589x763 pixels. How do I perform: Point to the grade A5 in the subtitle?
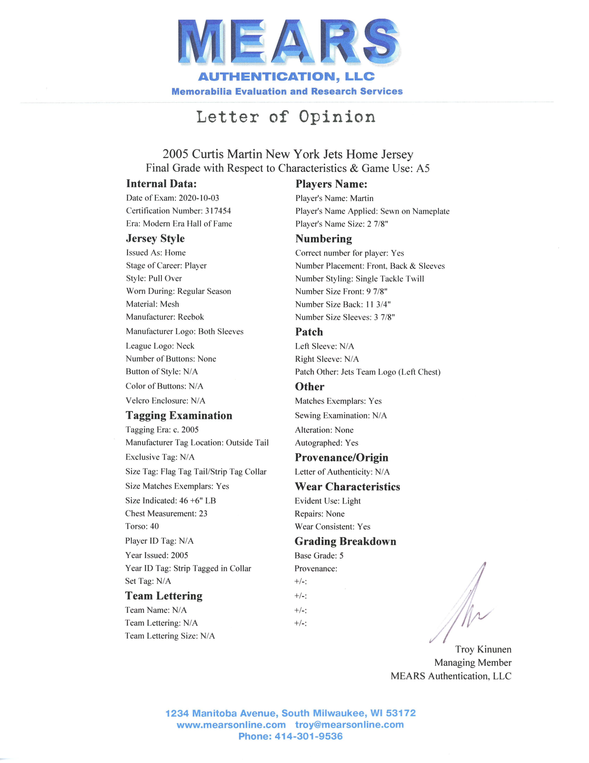click(423, 168)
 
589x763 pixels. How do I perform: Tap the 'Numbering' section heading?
click(323, 239)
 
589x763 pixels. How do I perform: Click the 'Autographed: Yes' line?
click(326, 443)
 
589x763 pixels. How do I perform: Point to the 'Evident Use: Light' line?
click(327, 501)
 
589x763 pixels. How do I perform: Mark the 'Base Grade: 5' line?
click(319, 555)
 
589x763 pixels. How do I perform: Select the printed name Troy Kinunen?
click(483, 649)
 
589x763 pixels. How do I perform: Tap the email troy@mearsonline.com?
click(349, 725)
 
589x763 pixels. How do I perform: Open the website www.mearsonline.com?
click(231, 725)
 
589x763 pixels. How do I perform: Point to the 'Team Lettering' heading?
click(164, 596)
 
